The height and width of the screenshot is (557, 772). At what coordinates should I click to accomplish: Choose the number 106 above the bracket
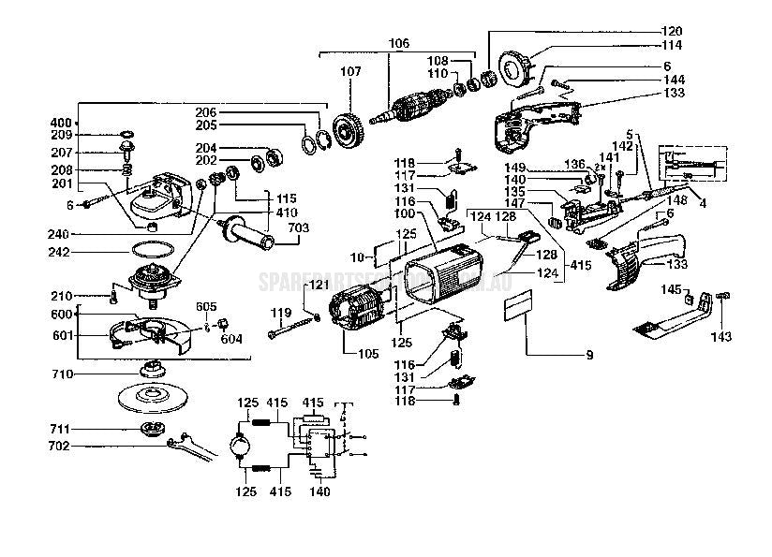[x=399, y=42]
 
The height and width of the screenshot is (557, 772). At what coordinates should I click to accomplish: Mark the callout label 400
[x=60, y=123]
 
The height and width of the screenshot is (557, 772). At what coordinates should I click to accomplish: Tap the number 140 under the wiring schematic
[x=319, y=491]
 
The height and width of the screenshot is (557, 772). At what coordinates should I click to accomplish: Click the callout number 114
[x=698, y=45]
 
